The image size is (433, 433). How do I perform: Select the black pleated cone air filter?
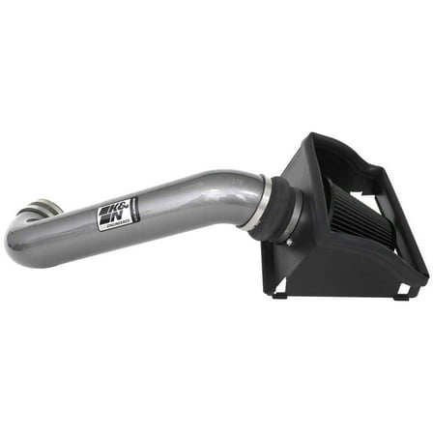click(329, 193)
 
